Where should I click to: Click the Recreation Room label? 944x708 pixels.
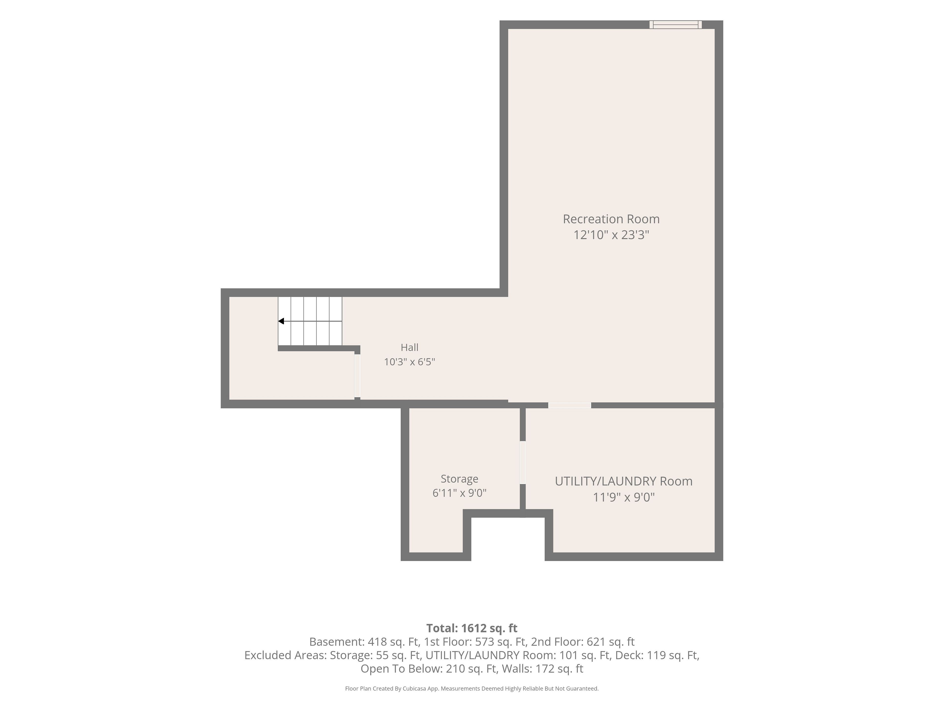point(611,219)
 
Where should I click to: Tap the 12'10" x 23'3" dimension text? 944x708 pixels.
point(611,235)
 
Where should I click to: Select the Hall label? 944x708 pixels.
point(409,347)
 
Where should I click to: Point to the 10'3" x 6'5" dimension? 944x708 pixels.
point(409,362)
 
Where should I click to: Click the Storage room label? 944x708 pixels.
point(459,479)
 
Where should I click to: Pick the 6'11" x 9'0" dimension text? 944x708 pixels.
point(459,493)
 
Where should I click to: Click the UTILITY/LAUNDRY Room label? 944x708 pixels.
point(623,481)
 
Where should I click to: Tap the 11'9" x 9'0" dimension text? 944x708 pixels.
point(623,497)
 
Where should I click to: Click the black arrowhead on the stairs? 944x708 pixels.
point(281,321)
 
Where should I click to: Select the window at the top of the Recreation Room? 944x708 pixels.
point(676,25)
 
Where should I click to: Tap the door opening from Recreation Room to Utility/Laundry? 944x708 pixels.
point(570,405)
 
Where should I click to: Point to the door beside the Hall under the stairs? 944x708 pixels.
point(357,376)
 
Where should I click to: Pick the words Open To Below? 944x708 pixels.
point(400,669)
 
